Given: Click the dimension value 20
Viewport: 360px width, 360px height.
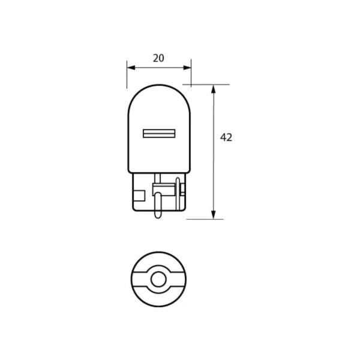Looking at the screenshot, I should click(158, 58).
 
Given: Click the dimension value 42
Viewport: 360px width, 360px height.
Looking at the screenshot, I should click(226, 137).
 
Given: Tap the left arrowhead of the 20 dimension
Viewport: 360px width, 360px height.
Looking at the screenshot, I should click(130, 68).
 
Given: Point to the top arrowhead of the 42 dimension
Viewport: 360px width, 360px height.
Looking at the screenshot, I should click(214, 88).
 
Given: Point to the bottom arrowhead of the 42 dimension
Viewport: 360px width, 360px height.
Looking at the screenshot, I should click(214, 215).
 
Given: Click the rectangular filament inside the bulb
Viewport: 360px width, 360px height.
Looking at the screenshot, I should click(158, 132).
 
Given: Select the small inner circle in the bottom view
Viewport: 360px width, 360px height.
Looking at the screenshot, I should click(158, 279).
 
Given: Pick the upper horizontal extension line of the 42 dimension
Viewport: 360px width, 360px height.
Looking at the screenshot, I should click(207, 84).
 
